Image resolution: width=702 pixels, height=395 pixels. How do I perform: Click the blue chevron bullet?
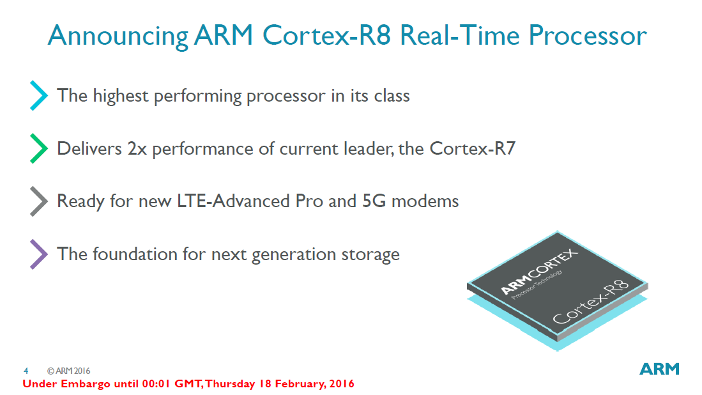coord(39,96)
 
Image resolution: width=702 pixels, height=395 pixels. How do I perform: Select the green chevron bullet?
coord(39,148)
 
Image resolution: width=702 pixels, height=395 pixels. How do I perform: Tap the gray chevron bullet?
coord(39,201)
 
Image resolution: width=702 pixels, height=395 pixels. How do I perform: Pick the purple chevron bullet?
coord(39,254)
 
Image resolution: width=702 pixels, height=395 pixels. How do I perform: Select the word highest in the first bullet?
coord(123,96)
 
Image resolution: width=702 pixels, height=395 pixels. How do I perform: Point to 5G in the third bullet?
coord(374,201)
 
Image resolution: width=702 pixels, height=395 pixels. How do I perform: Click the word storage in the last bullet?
coord(369,254)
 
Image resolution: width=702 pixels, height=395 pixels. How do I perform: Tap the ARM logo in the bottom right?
coord(659,369)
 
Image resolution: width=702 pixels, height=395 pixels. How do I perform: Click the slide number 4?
coord(26,371)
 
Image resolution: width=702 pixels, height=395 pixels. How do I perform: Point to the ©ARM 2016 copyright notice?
coord(68,371)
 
